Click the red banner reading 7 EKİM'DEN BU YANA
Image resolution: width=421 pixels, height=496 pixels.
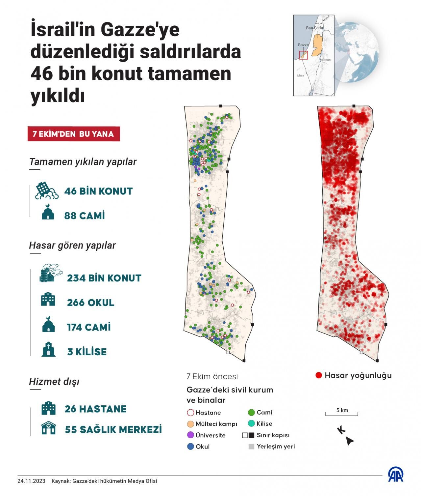coord(73,134)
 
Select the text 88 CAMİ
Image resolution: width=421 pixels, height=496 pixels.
coord(85,216)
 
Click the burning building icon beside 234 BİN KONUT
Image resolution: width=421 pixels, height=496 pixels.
coord(50,273)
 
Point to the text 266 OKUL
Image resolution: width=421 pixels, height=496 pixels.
coord(90,303)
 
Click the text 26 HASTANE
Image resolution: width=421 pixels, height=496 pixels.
coord(95,409)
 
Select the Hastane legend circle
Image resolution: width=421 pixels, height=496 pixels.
coord(190,412)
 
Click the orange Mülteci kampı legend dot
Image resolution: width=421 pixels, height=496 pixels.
coord(190,423)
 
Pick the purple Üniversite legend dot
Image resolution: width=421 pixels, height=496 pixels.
coord(190,435)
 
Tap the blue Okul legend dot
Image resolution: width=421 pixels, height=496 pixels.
coord(190,447)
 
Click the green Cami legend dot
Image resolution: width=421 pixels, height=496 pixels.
coord(251,412)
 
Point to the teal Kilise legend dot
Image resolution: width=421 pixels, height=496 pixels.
coord(251,423)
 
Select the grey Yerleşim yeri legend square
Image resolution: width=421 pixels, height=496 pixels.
coord(251,447)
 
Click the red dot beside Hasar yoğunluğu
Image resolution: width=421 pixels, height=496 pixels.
coord(318,375)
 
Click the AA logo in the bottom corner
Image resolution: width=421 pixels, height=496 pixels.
coord(396,475)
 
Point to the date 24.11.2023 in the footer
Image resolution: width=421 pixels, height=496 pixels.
coord(31,481)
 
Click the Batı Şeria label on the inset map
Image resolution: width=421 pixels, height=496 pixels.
coord(314,28)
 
